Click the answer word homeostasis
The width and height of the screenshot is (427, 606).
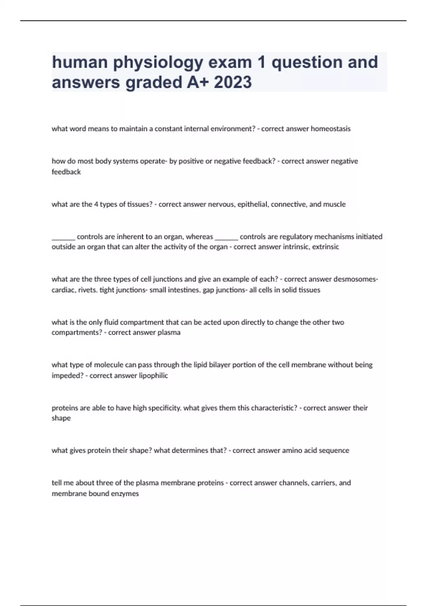coord(331,129)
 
